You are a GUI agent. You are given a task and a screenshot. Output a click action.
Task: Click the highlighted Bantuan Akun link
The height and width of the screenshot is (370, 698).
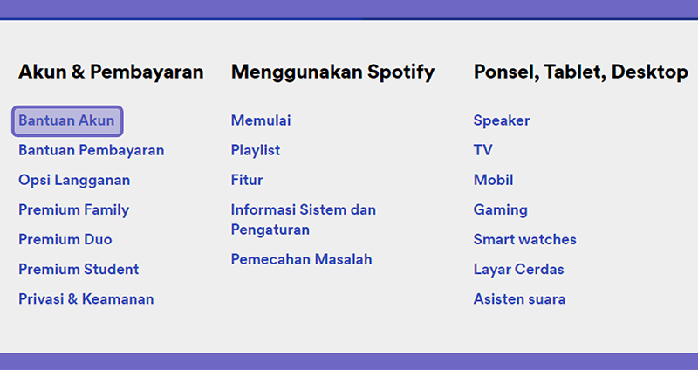pyautogui.click(x=67, y=120)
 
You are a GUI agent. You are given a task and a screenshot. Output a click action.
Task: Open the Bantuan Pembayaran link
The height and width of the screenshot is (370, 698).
pyautogui.click(x=92, y=150)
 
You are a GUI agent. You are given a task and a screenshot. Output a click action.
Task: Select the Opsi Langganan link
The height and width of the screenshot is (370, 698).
pyautogui.click(x=74, y=181)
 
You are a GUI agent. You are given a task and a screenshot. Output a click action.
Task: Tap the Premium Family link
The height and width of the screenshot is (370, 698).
pyautogui.click(x=74, y=210)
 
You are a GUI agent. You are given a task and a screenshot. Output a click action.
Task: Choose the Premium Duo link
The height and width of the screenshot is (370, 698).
pyautogui.click(x=65, y=240)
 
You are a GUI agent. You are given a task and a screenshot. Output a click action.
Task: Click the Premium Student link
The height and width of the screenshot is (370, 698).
pyautogui.click(x=79, y=270)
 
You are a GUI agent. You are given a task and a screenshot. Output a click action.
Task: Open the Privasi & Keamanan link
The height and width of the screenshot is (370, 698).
pyautogui.click(x=86, y=299)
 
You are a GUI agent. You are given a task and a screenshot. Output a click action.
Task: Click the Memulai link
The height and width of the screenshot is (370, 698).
pyautogui.click(x=261, y=120)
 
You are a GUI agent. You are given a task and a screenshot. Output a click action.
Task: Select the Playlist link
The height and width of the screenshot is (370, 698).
pyautogui.click(x=256, y=150)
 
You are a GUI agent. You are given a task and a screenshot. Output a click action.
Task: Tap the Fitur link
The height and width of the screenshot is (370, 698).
pyautogui.click(x=247, y=180)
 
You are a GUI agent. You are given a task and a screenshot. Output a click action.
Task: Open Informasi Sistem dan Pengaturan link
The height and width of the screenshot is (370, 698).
pyautogui.click(x=303, y=220)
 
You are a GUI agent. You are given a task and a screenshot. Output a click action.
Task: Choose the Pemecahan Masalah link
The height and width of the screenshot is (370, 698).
pyautogui.click(x=301, y=259)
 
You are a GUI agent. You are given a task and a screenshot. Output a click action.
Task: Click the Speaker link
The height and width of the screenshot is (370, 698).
pyautogui.click(x=502, y=120)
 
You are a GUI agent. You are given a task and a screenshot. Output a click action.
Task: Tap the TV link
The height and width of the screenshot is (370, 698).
pyautogui.click(x=483, y=150)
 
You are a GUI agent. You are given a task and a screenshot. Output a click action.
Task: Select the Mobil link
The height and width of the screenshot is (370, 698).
pyautogui.click(x=493, y=180)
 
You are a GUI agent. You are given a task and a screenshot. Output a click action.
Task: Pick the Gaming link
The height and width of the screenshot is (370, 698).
pyautogui.click(x=500, y=210)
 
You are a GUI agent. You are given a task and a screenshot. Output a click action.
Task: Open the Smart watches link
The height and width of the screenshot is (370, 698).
pyautogui.click(x=525, y=240)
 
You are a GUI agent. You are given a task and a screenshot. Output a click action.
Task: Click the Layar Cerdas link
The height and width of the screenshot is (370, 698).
pyautogui.click(x=518, y=270)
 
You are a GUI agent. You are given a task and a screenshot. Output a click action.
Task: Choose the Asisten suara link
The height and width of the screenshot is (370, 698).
pyautogui.click(x=519, y=299)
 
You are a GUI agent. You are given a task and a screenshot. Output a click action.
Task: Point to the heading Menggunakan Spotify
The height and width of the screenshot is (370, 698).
pyautogui.click(x=333, y=72)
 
